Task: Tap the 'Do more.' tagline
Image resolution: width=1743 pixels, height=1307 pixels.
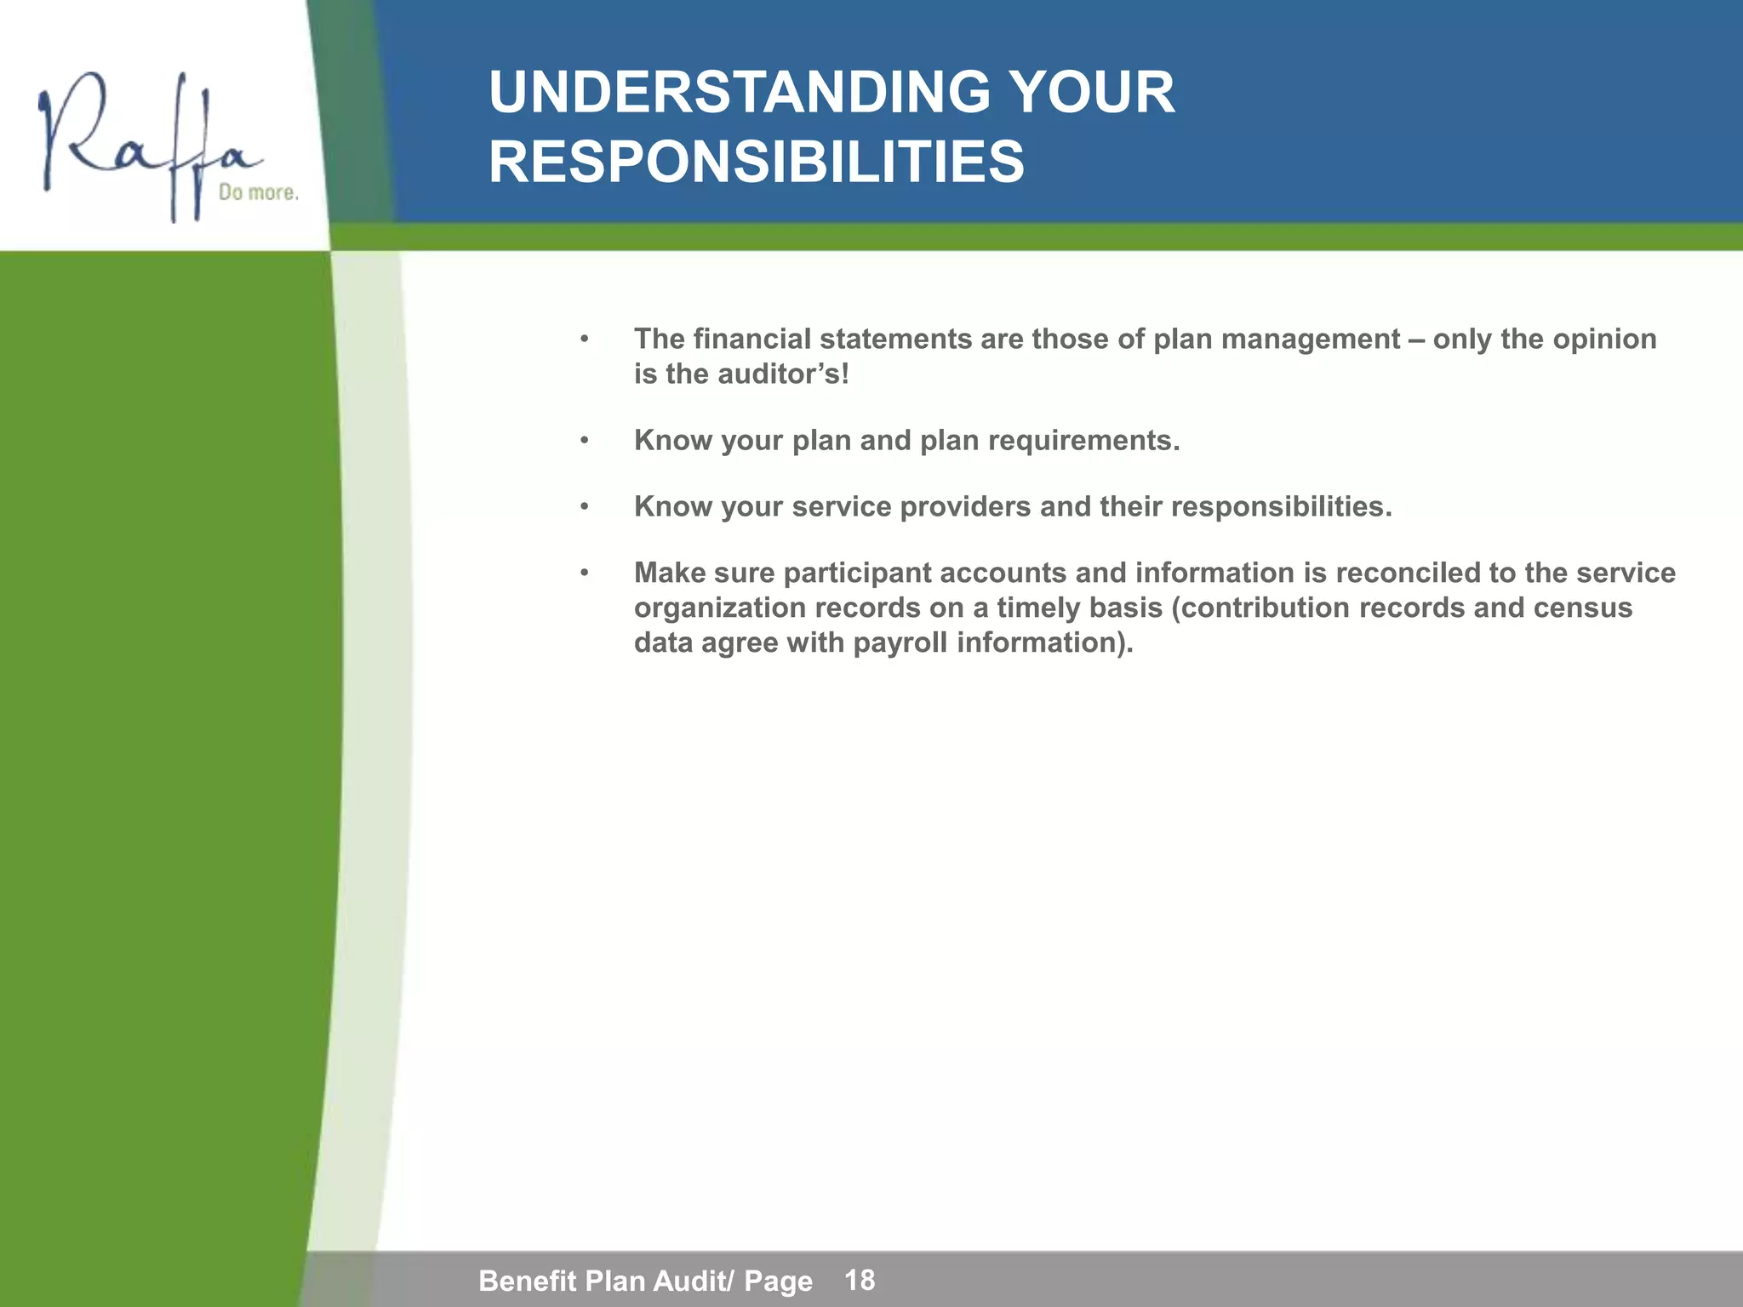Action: click(259, 193)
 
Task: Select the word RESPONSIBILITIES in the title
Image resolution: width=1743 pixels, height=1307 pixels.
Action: click(757, 163)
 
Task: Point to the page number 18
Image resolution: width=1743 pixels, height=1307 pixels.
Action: click(860, 1279)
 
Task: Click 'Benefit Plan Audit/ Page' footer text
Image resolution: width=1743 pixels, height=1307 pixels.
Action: click(645, 1280)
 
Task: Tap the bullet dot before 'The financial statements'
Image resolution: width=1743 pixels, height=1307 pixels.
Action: click(584, 340)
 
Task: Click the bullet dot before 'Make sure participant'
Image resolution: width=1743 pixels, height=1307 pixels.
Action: click(584, 574)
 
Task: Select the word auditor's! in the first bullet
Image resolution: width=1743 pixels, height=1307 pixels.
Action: click(783, 374)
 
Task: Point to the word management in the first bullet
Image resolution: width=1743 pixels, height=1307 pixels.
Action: click(1311, 340)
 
